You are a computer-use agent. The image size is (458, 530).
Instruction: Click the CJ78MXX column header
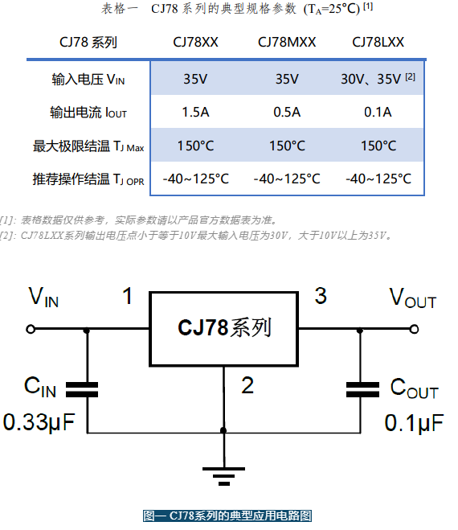tap(287, 43)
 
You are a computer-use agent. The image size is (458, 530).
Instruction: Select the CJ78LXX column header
tap(378, 43)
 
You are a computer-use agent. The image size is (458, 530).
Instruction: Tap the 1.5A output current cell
tap(195, 113)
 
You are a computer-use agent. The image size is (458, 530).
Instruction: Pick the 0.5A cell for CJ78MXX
tap(287, 113)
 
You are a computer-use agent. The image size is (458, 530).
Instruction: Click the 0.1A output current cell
tap(378, 113)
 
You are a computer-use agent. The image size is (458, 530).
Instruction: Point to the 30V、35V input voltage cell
tap(378, 79)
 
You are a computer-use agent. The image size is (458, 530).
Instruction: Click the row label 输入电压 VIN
tap(88, 80)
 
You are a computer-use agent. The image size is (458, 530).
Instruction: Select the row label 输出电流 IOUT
tap(88, 113)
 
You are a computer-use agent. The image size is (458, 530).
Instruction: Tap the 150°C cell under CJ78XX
tap(195, 146)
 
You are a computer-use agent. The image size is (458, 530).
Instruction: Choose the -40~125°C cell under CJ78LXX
tap(378, 179)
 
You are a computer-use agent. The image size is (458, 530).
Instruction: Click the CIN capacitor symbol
tap(82, 390)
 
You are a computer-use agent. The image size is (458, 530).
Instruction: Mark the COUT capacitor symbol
tap(362, 390)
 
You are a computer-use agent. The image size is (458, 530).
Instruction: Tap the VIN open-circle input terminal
tap(31, 329)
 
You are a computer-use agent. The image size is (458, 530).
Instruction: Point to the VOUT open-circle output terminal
tap(414, 329)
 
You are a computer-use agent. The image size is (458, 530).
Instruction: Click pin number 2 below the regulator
tap(247, 385)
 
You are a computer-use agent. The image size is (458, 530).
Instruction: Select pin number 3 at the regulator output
tap(321, 296)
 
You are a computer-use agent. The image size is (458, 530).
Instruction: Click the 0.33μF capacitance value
tap(39, 422)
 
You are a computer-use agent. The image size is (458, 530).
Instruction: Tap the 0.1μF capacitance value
tap(414, 423)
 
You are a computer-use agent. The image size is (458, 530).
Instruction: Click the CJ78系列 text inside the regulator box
tap(224, 327)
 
